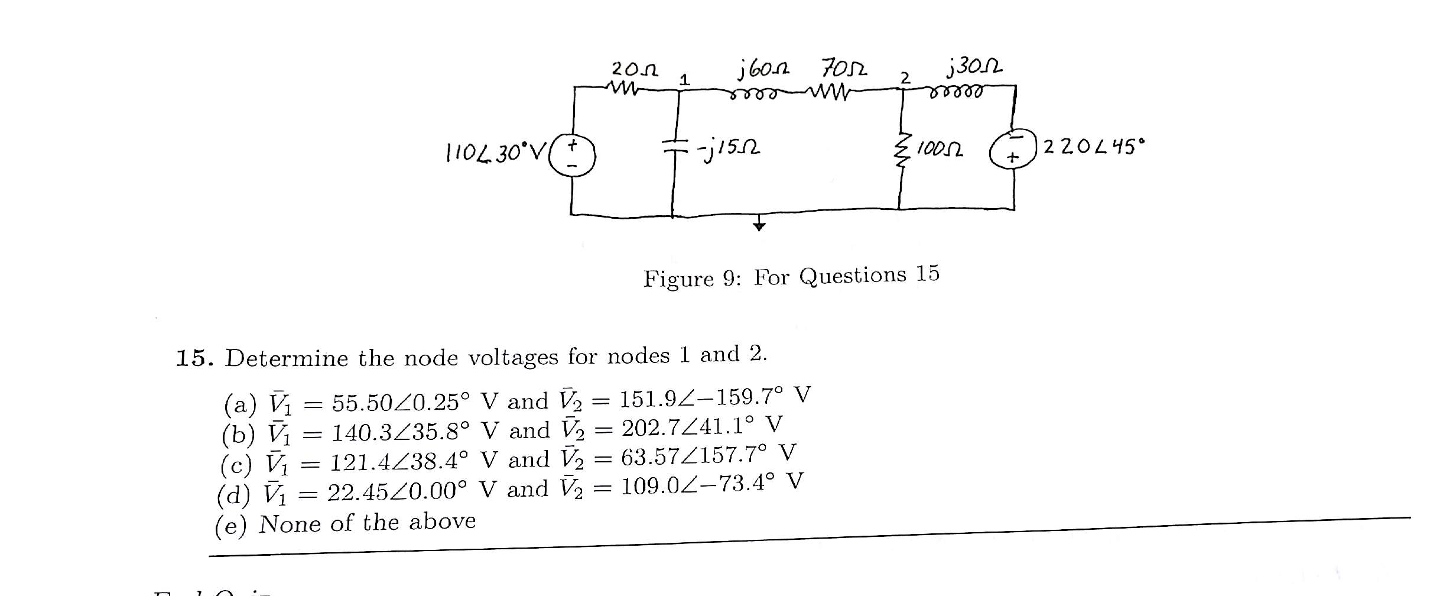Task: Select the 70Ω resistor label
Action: coord(844,68)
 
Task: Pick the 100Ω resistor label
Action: coord(939,149)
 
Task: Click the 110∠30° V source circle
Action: coord(572,155)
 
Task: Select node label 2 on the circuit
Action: coord(905,77)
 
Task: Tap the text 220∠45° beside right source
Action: coord(1093,146)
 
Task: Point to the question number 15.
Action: coord(194,358)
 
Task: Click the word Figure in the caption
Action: coord(678,278)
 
